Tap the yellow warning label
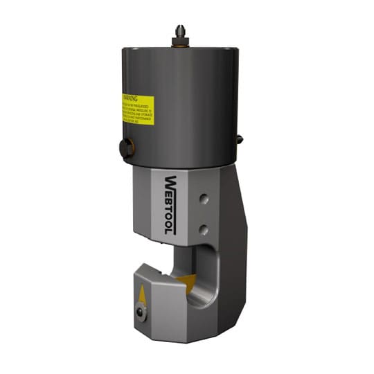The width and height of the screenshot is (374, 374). pyautogui.click(x=137, y=110)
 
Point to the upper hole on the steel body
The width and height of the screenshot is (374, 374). pyautogui.click(x=202, y=199)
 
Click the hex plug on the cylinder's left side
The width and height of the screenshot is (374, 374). pyautogui.click(x=125, y=148)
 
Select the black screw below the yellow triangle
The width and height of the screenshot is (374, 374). pyautogui.click(x=142, y=313)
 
